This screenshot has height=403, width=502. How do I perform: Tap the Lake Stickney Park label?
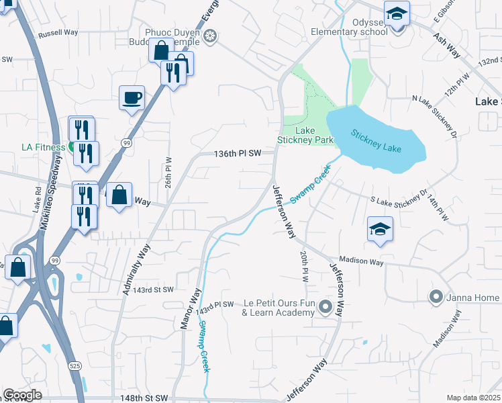(305, 135)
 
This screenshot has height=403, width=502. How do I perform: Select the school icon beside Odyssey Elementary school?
(397, 14)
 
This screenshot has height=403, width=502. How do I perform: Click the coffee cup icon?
(132, 98)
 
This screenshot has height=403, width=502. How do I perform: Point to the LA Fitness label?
(40, 146)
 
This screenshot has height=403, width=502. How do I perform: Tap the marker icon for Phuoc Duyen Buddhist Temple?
(211, 36)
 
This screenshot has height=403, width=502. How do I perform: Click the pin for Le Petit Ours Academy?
(326, 308)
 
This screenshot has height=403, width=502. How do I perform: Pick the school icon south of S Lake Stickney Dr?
(379, 230)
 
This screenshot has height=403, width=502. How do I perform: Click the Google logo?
(23, 394)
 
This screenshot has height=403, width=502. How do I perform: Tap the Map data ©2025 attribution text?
(473, 398)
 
